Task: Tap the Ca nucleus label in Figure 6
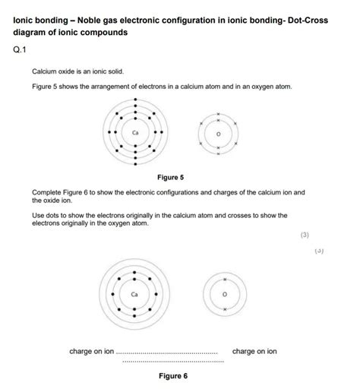click(134, 292)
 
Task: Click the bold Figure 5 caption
click(170, 178)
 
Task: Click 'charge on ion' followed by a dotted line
click(91, 352)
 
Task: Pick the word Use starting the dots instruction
click(38, 216)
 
